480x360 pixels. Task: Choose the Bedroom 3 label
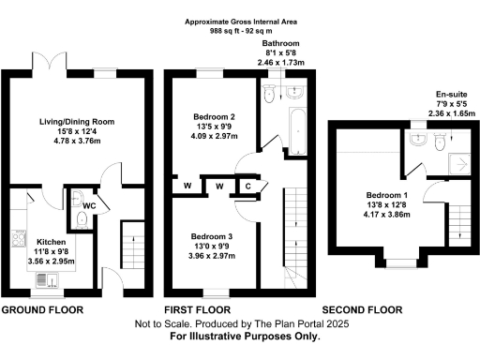[x=210, y=235]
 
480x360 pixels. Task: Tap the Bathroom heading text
[x=279, y=43]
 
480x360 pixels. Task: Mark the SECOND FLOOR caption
[x=364, y=308]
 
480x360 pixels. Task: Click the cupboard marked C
[x=247, y=186]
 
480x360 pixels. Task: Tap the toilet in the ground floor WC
[x=81, y=218]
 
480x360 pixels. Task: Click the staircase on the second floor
[x=457, y=221]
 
